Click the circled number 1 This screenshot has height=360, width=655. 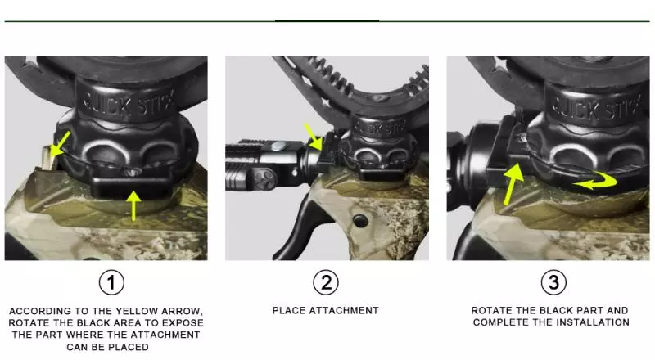(x=111, y=283)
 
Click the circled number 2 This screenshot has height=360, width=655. (x=326, y=283)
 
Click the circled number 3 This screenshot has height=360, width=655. (x=553, y=283)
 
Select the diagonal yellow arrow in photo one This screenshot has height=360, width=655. (x=60, y=144)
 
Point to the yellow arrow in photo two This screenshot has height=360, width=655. (x=314, y=137)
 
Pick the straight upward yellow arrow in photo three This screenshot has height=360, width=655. (x=513, y=185)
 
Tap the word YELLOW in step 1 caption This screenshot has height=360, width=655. (x=137, y=311)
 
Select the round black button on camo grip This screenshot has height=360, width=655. (x=359, y=221)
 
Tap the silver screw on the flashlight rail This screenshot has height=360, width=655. (x=278, y=146)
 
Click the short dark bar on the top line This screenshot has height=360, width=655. (x=327, y=20)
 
